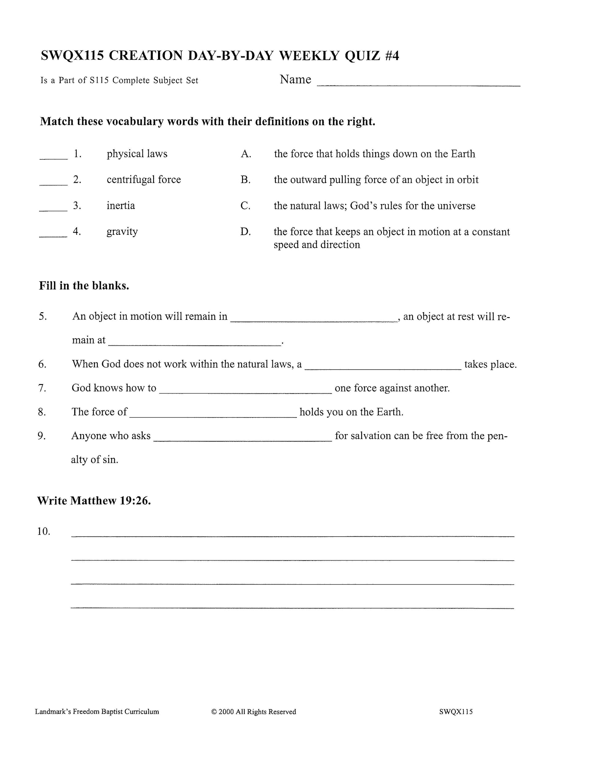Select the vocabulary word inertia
point(121,206)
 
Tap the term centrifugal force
point(144,180)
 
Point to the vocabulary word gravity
point(122,231)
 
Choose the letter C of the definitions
point(245,206)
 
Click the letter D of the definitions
point(245,232)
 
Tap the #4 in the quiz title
point(391,56)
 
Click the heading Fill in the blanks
point(84,286)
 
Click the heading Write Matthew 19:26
point(94,500)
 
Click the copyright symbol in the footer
point(214,712)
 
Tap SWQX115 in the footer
point(456,712)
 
